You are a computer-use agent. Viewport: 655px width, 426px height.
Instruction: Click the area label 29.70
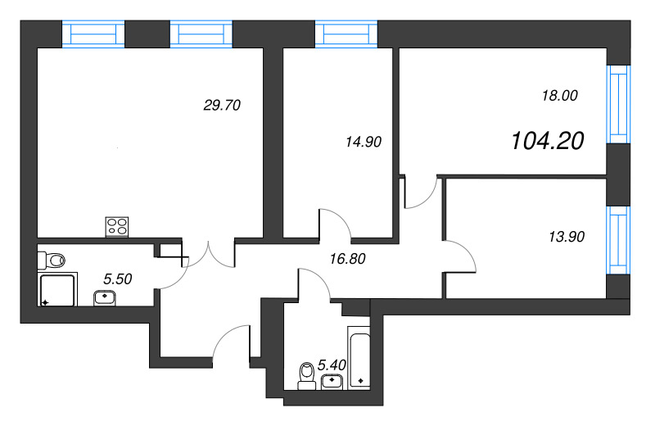(221, 105)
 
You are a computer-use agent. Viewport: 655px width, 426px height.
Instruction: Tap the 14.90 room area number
(364, 141)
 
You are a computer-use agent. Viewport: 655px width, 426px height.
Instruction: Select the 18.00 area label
(560, 96)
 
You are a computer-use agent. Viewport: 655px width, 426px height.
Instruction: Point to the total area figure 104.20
(547, 142)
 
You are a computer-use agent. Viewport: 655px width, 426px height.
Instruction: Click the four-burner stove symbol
(117, 226)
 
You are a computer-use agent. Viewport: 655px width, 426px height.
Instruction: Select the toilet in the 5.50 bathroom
(52, 261)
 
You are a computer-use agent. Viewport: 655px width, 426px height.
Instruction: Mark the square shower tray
(57, 290)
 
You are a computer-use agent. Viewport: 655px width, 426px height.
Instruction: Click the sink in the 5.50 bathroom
(105, 297)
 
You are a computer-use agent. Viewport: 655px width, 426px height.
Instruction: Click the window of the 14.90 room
(347, 34)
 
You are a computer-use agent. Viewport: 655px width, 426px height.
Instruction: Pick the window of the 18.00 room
(617, 105)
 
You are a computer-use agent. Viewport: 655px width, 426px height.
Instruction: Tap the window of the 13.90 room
(617, 242)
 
